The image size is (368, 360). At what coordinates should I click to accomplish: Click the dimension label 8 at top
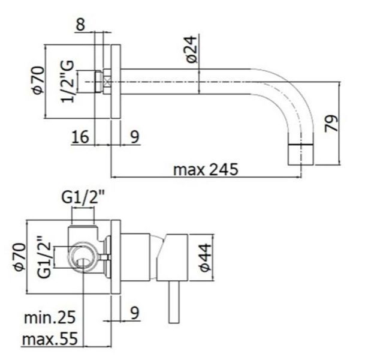(80, 24)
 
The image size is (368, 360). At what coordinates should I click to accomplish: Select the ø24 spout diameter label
(192, 49)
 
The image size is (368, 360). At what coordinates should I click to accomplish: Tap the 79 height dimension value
(331, 123)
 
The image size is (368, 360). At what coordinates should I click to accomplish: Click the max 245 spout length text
(206, 170)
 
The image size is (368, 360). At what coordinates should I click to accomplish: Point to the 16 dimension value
(80, 137)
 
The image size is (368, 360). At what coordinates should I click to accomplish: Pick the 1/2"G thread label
(68, 82)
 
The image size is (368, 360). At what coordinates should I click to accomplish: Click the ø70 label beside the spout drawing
(38, 80)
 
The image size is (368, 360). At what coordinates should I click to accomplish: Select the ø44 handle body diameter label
(206, 258)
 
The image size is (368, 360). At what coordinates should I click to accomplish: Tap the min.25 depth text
(50, 317)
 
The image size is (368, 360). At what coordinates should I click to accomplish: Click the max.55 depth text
(50, 338)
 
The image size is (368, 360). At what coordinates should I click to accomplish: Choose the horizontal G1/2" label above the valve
(83, 197)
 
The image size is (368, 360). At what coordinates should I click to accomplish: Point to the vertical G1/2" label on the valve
(44, 257)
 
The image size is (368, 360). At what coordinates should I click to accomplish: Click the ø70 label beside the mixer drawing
(20, 257)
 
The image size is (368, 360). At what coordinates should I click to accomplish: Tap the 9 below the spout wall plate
(134, 137)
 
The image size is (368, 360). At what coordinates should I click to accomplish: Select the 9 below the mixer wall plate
(134, 313)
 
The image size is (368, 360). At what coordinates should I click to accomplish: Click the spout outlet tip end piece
(301, 155)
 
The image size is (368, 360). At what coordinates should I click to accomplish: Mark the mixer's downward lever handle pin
(174, 302)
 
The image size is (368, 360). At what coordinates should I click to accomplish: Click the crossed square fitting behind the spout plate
(107, 82)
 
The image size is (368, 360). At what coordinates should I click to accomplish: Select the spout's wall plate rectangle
(116, 82)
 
